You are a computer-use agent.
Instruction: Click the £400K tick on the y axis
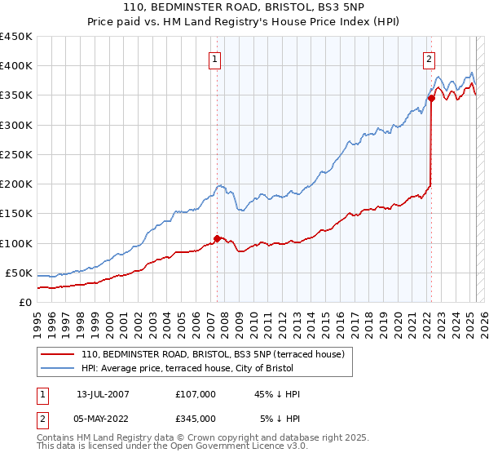[x=15, y=66]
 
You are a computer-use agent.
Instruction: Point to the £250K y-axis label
[x=15, y=154]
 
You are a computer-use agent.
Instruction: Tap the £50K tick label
[x=19, y=273]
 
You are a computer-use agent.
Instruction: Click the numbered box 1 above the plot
[x=214, y=58]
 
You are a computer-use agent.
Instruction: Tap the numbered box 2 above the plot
[x=429, y=58]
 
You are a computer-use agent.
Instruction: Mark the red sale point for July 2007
[x=217, y=238]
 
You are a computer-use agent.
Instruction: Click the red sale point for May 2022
[x=431, y=98]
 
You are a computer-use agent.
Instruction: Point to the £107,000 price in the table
[x=195, y=394]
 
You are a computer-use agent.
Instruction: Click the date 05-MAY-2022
[x=101, y=418]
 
